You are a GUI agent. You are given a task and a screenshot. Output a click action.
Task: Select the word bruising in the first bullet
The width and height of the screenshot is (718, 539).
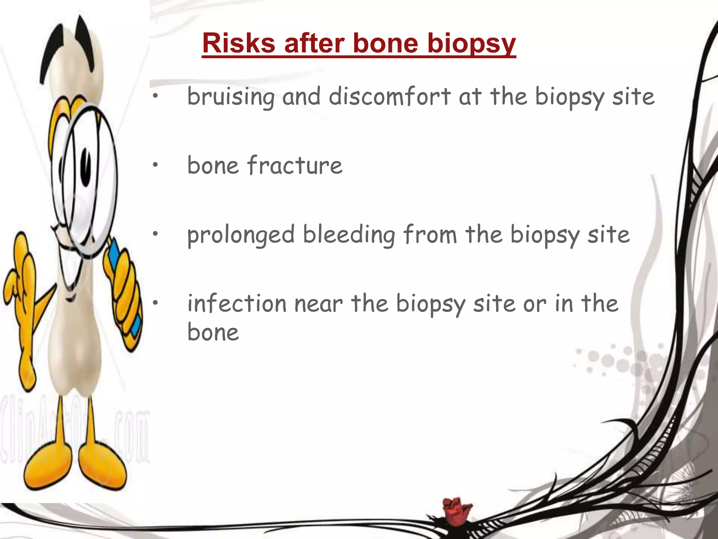click(x=231, y=97)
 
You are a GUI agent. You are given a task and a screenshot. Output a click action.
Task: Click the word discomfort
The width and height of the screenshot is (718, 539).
click(x=390, y=96)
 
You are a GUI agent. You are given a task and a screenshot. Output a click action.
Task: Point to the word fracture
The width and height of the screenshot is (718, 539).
click(x=294, y=165)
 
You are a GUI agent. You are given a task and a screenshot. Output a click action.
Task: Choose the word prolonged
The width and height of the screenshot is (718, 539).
click(x=241, y=235)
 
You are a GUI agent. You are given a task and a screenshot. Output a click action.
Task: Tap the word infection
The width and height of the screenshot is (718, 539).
click(x=237, y=303)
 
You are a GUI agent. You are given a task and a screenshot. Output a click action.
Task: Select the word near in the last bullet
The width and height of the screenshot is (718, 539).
click(x=318, y=304)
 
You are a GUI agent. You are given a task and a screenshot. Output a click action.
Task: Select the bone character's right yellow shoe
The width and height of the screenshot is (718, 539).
click(x=102, y=467)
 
